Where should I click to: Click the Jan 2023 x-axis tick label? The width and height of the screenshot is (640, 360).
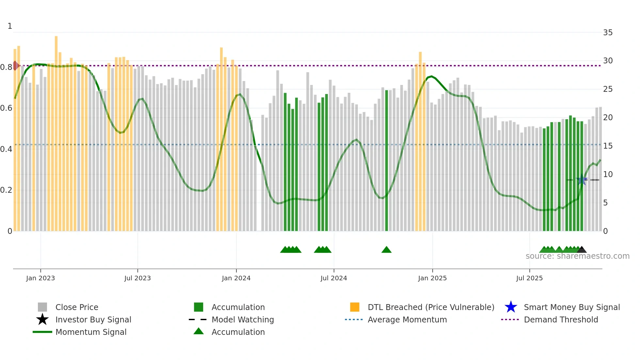coord(40,278)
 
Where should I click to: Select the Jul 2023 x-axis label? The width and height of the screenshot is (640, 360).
coord(137,278)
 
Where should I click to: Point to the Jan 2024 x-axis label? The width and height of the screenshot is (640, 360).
coord(236,278)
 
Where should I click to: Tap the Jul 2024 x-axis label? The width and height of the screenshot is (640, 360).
coord(334,278)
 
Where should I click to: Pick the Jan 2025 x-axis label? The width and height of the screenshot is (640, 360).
coord(432,278)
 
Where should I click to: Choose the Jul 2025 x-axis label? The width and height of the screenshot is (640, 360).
coord(529,278)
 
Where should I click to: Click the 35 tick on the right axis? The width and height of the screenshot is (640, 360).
coord(608,33)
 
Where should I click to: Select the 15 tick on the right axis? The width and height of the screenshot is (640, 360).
coord(608,146)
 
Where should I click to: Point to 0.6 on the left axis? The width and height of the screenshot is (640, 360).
coord(6,108)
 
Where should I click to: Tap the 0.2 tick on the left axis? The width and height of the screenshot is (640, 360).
coord(6,190)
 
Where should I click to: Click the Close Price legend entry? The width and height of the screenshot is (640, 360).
coord(77,307)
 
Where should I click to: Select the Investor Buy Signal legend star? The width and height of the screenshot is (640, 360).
coord(42,319)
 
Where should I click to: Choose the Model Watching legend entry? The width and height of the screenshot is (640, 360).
coord(243,319)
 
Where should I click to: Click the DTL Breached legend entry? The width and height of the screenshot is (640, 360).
coord(431,307)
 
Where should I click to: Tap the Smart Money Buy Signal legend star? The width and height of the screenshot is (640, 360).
coord(511,307)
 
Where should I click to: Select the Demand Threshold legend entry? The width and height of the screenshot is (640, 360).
coord(561,319)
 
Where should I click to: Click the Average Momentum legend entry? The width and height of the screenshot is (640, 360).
coord(407,319)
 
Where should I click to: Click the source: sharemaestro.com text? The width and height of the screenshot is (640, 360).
coord(577,256)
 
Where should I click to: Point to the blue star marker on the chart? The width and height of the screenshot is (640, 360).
coord(582,180)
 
